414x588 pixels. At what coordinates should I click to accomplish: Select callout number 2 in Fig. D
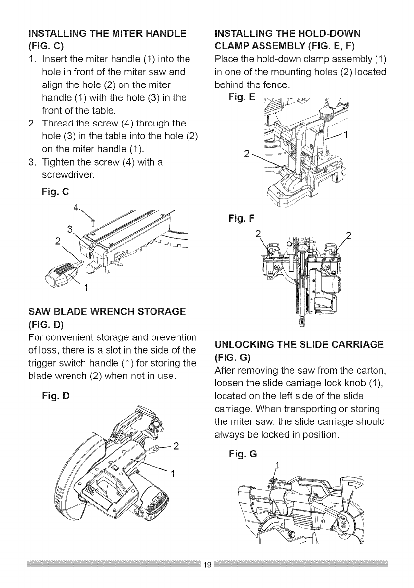pyautogui.click(x=176, y=444)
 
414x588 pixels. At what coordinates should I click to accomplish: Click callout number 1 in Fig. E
pyautogui.click(x=346, y=134)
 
